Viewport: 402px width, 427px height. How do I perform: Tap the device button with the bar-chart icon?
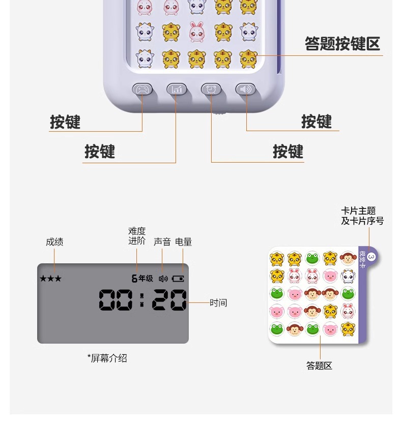tap(177, 89)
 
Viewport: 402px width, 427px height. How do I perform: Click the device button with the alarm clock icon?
tap(211, 89)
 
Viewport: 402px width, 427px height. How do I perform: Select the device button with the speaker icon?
tap(245, 89)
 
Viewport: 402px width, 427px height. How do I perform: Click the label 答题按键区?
tap(342, 44)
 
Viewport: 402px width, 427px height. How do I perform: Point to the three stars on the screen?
tap(50, 279)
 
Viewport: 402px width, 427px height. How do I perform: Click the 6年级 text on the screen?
tap(142, 279)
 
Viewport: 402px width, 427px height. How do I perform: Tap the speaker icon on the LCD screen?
tap(163, 279)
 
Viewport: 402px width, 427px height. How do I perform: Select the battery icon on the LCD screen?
tap(178, 279)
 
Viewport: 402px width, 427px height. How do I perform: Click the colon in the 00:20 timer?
tap(142, 300)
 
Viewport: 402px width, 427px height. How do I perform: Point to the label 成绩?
tap(54, 242)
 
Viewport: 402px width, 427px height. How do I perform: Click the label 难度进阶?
tap(137, 236)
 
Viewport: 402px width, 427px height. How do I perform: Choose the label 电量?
tap(184, 242)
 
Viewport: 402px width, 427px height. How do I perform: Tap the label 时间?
tap(218, 303)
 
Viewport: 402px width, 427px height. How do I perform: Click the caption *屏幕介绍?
tap(107, 358)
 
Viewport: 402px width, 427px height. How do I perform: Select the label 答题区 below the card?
tap(319, 365)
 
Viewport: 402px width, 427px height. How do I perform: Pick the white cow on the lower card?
tap(348, 276)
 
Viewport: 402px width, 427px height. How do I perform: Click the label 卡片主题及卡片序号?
tap(362, 216)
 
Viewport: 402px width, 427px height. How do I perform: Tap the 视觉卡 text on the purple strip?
tap(362, 259)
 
